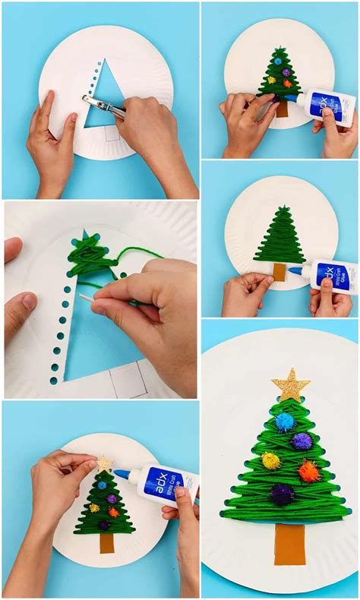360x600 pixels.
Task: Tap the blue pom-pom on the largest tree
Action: pyautogui.click(x=284, y=422)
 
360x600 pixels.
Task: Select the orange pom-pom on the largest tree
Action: pyautogui.click(x=308, y=472)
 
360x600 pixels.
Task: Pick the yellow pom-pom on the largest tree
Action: pyautogui.click(x=271, y=461)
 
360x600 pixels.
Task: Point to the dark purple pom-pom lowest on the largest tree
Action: pyautogui.click(x=283, y=494)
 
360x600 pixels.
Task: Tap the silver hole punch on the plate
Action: pyautogui.click(x=103, y=106)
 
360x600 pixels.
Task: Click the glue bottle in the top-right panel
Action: pyautogui.click(x=332, y=104)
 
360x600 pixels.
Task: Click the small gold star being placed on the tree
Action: pyautogui.click(x=104, y=463)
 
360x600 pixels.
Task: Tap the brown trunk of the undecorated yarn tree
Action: pyautogui.click(x=279, y=271)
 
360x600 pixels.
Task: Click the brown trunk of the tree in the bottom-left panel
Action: pyautogui.click(x=106, y=542)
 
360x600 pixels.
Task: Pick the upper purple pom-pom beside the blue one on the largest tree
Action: pyautogui.click(x=302, y=441)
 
